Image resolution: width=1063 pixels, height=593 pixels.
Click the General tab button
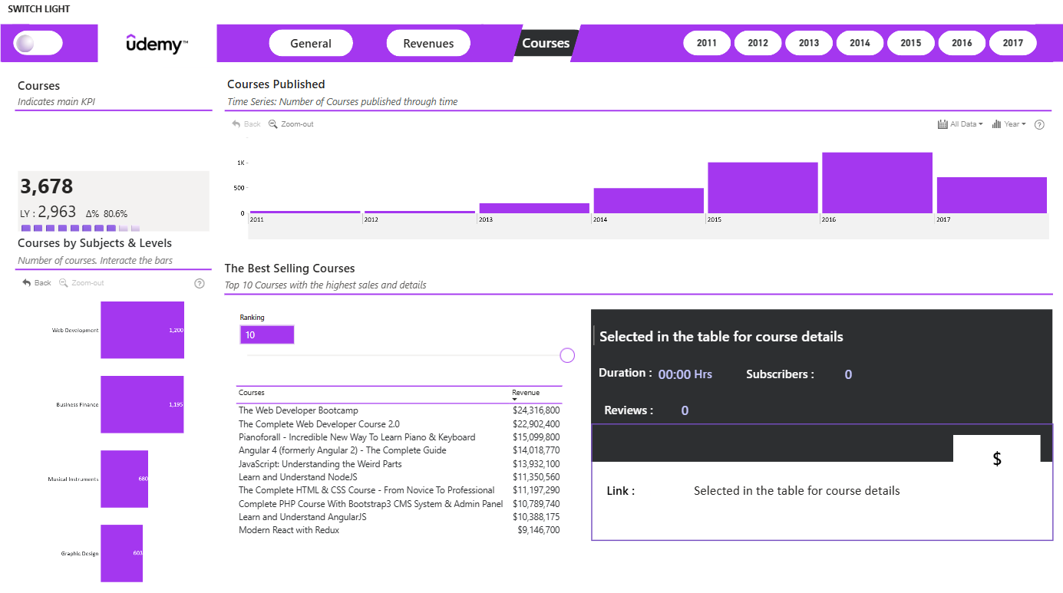311,43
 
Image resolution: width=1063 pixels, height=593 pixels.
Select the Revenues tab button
428,43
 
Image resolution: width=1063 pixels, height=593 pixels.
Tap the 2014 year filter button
860,43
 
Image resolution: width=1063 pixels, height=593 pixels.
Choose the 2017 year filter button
1012,43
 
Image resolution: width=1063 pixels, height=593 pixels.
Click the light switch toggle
38,43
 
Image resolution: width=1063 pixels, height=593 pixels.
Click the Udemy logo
157,44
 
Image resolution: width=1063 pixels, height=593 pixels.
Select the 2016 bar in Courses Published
877,183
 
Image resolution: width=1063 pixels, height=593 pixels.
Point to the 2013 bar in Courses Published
534,208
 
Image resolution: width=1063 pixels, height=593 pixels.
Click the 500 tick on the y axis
239,188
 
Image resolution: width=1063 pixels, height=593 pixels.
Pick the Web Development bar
142,330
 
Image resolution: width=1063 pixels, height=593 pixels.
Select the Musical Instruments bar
124,479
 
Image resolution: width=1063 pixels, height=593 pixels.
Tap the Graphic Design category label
80,553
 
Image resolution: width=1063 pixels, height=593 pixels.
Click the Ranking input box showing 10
266,334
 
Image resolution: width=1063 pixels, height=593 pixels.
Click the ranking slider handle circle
567,355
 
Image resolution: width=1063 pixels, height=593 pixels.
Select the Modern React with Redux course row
399,530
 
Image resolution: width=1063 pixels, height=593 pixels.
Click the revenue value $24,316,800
536,410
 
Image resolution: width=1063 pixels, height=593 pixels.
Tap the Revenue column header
525,393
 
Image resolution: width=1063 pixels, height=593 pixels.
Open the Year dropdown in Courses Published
1009,124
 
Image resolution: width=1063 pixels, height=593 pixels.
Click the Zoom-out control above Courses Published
291,124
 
